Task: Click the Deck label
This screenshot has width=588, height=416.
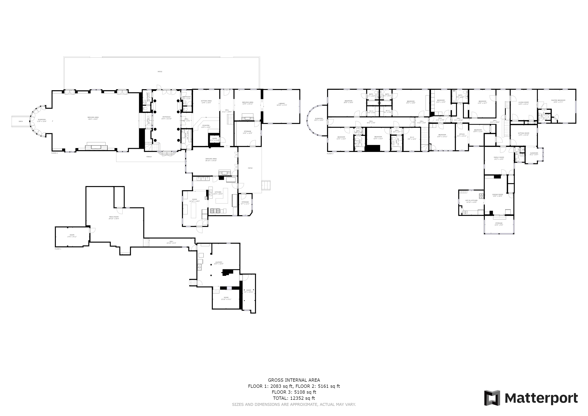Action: click(21, 121)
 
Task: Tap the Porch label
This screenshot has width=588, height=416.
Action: click(149, 157)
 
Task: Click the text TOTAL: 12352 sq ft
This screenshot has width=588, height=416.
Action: click(294, 398)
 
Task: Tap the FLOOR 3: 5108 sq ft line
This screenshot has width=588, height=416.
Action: click(294, 392)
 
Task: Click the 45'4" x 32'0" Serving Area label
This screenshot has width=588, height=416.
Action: click(93, 118)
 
